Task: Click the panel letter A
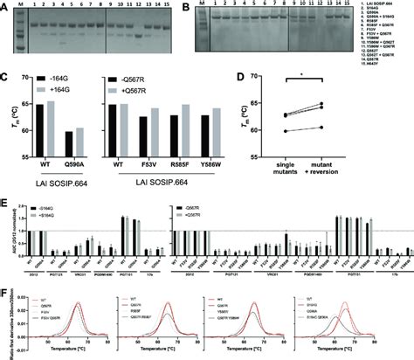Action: click(5, 5)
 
